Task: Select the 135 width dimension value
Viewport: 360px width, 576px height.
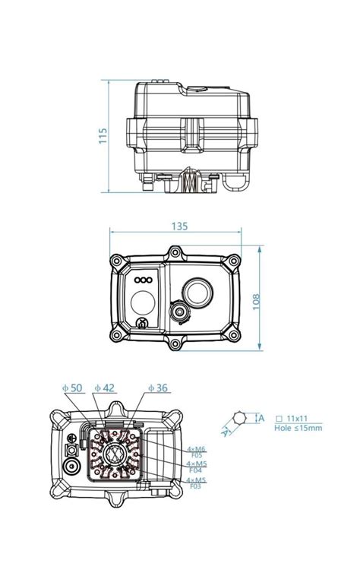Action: point(179,226)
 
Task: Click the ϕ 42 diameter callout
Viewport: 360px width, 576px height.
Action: point(105,388)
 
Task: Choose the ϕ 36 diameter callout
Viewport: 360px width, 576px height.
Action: point(157,388)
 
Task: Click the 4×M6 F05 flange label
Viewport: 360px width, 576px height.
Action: point(196,452)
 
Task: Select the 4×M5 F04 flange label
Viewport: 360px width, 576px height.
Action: point(196,467)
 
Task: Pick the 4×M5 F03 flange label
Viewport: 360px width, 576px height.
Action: point(196,483)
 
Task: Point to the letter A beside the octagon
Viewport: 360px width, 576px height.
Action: point(261,418)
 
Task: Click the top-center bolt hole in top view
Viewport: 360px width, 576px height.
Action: point(175,251)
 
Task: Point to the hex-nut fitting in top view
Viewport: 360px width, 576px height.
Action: point(178,312)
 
